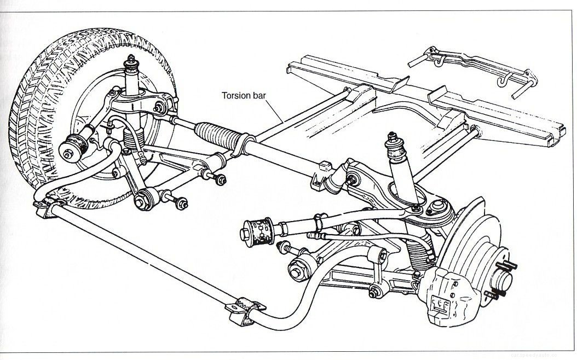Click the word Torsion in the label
coord(235,95)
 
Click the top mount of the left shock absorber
coord(132,64)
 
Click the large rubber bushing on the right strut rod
coord(257,230)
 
